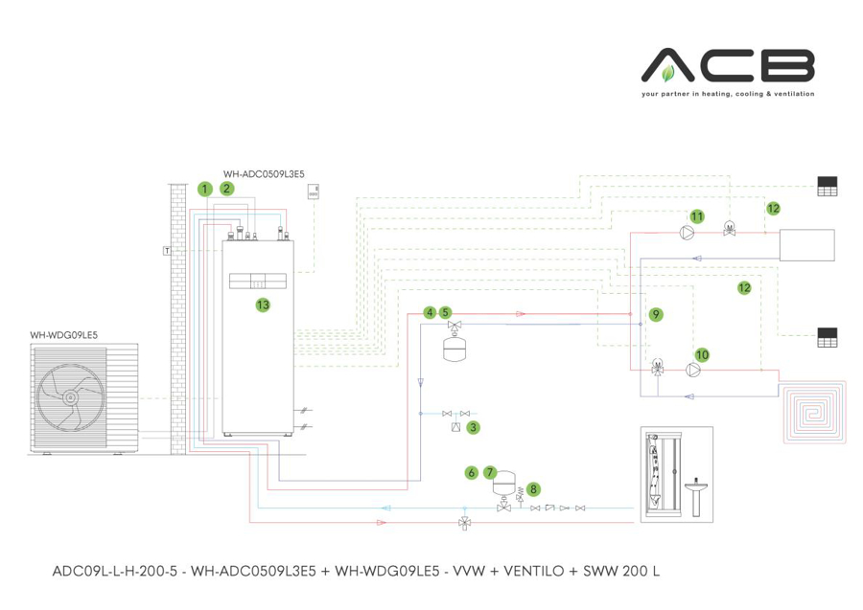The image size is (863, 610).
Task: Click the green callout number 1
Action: coord(204,189)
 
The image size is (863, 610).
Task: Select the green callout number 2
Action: coord(227,189)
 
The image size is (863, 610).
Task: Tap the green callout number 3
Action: coord(473,428)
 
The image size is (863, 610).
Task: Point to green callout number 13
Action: coord(261,305)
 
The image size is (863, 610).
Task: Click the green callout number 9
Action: coord(656,313)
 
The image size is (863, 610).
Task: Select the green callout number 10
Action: coord(702,354)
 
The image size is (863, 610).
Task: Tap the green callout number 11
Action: coord(697,216)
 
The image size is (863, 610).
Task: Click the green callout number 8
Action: coord(533,488)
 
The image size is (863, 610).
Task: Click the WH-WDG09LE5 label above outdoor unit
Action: coord(64,334)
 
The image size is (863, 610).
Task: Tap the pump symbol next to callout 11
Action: coord(685,231)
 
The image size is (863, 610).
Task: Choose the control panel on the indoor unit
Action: coord(258,282)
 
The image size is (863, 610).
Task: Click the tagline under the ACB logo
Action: coord(728,95)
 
